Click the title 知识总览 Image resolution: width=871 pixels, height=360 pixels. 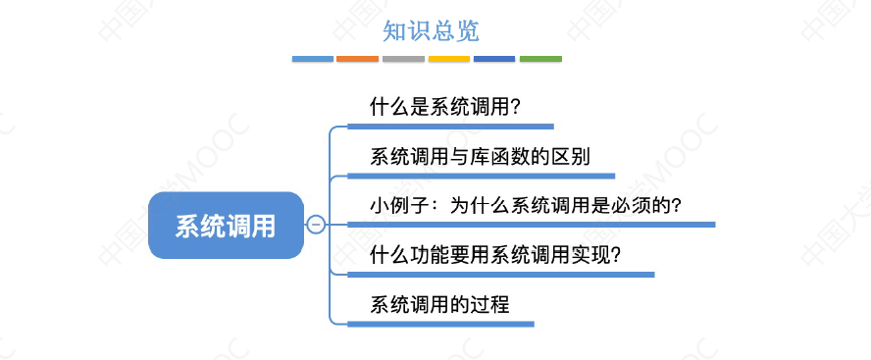[x=431, y=31]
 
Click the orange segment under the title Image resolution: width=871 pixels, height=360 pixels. [x=357, y=59]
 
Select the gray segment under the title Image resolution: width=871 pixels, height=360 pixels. [x=403, y=59]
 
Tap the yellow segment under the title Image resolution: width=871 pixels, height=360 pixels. [x=449, y=59]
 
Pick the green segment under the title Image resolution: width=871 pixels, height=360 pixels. [x=540, y=59]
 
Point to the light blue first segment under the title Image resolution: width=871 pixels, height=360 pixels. [x=313, y=59]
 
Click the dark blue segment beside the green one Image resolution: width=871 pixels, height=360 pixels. [x=494, y=59]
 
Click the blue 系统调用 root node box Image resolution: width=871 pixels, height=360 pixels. [x=226, y=226]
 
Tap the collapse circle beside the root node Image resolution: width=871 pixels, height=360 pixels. [x=316, y=226]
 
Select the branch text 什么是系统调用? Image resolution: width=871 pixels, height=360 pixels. [x=444, y=106]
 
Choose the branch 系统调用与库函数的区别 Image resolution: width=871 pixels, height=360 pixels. [x=480, y=156]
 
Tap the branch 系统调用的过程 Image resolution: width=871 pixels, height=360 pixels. [x=439, y=304]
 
